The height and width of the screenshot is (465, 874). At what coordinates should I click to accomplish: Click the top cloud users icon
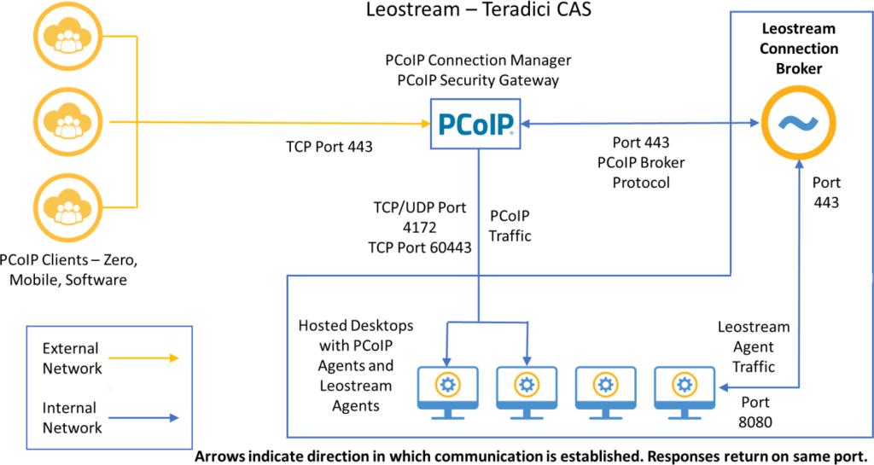67,37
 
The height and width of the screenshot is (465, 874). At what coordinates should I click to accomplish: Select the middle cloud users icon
67,122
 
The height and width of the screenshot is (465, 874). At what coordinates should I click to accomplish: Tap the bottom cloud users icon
67,207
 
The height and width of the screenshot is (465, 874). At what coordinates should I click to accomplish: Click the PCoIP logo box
475,124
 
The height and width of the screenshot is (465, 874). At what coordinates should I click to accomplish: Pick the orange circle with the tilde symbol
799,123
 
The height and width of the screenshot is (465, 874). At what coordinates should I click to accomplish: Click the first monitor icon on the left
447,392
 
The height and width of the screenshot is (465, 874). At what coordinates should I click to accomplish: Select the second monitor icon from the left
527,392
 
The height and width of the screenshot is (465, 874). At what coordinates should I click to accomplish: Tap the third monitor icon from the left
605,392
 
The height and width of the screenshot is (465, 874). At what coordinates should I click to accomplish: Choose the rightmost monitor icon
684,392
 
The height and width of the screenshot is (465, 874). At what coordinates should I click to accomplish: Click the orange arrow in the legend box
143,358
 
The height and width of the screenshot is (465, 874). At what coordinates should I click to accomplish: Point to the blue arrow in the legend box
143,418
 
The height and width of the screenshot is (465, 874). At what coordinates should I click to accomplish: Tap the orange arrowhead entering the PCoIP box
424,124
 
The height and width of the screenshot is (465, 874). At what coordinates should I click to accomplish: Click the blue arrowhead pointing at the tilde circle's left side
754,123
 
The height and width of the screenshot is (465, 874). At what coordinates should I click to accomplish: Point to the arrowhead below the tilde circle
799,166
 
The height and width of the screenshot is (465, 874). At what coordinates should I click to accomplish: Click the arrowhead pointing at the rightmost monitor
722,387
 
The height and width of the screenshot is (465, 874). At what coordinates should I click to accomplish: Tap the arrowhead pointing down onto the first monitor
446,361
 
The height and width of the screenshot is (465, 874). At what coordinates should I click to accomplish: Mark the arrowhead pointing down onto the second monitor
527,361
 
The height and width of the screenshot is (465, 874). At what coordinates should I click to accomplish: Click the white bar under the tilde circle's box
801,278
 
